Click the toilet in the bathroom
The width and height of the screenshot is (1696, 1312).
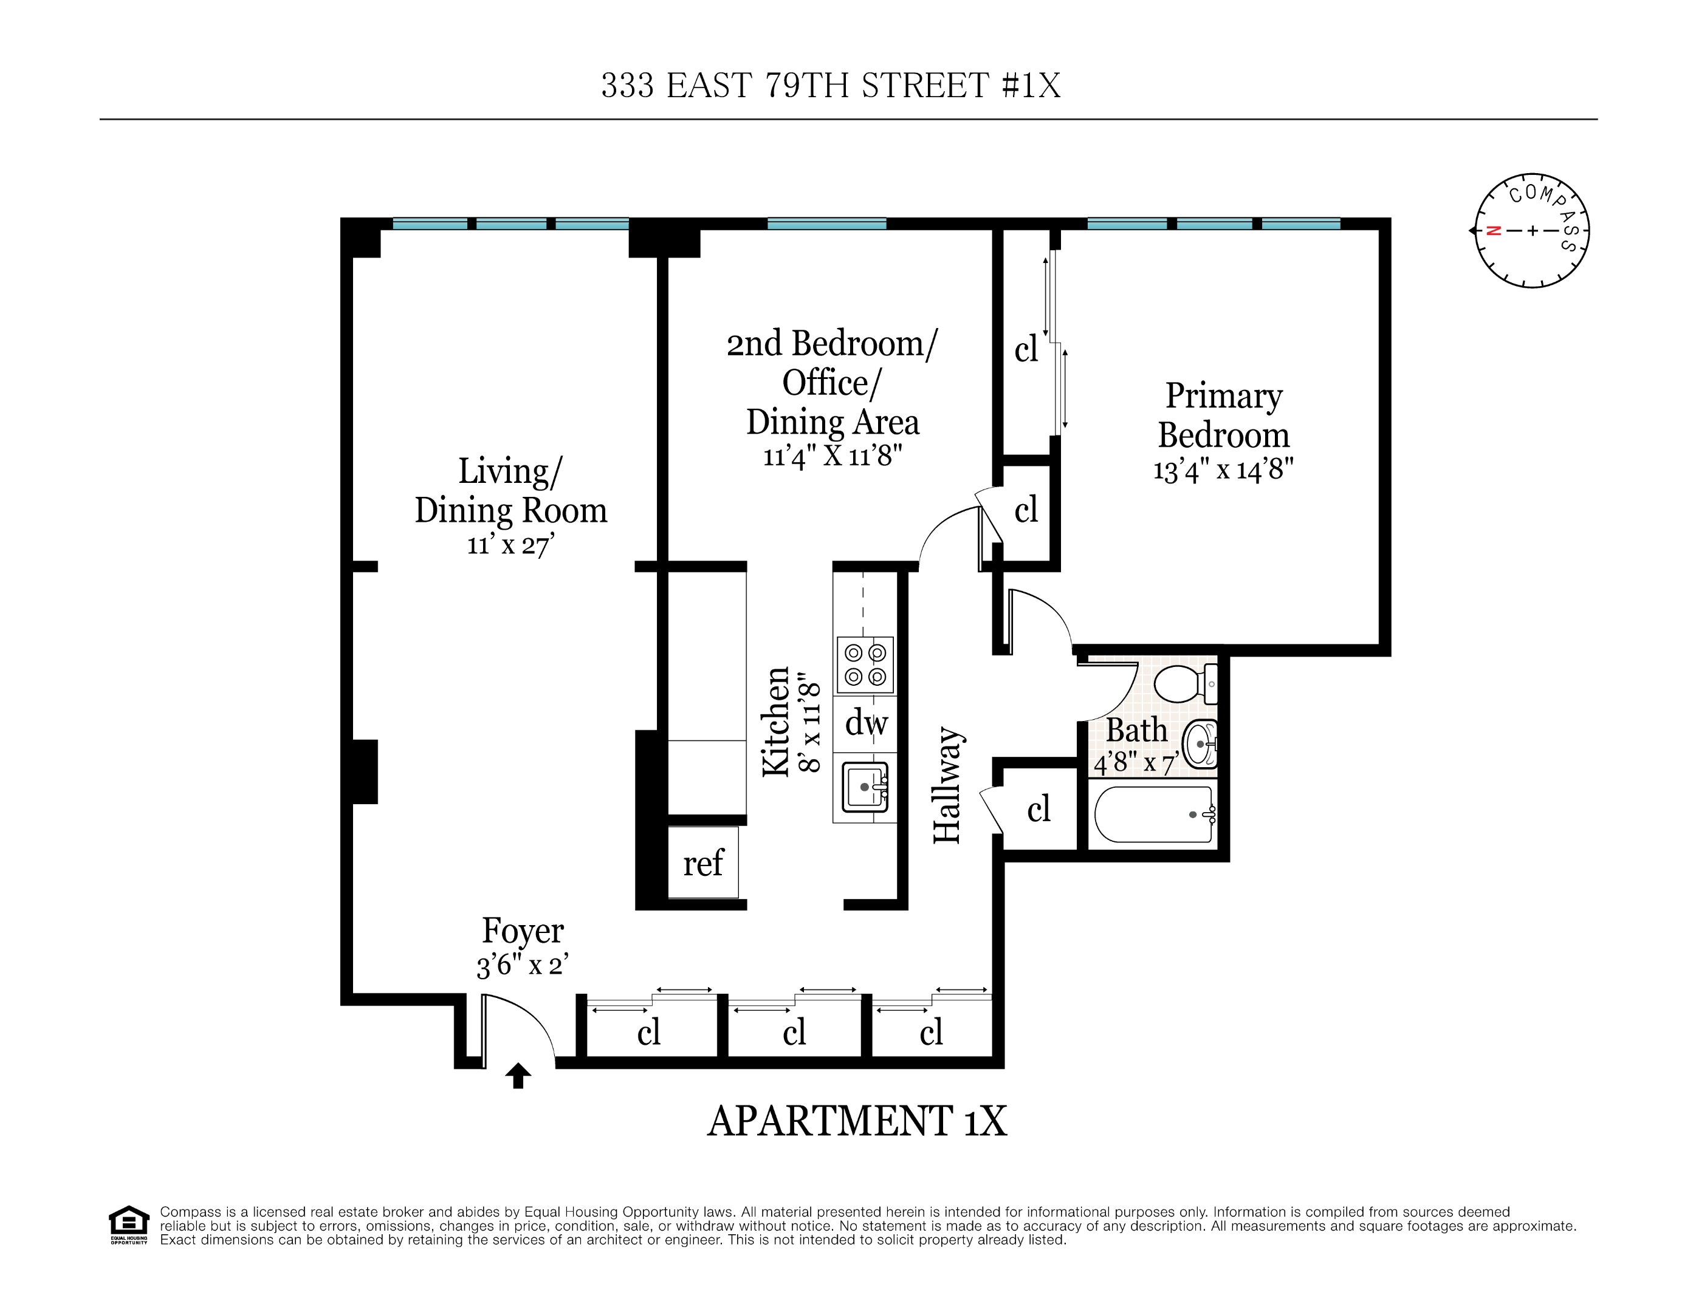[x=1184, y=684]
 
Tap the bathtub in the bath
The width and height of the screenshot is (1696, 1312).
[x=1153, y=815]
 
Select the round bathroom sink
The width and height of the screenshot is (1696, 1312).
[x=1199, y=743]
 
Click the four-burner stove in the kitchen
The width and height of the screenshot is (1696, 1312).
[x=864, y=665]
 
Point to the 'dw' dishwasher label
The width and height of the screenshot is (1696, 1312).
[x=866, y=723]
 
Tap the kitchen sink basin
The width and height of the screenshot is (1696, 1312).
[x=864, y=787]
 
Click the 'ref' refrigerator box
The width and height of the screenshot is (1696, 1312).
[x=703, y=863]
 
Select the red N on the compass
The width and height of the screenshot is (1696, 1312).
[x=1492, y=231]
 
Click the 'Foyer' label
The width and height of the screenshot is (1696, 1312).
[x=523, y=930]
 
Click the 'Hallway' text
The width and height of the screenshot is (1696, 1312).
[x=947, y=785]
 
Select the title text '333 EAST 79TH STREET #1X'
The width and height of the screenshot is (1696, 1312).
[x=830, y=86]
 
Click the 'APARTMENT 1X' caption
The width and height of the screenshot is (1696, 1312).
[x=857, y=1121]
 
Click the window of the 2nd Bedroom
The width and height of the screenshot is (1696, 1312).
[x=826, y=224]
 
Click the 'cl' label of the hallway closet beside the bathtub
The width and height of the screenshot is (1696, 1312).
[x=1039, y=810]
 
